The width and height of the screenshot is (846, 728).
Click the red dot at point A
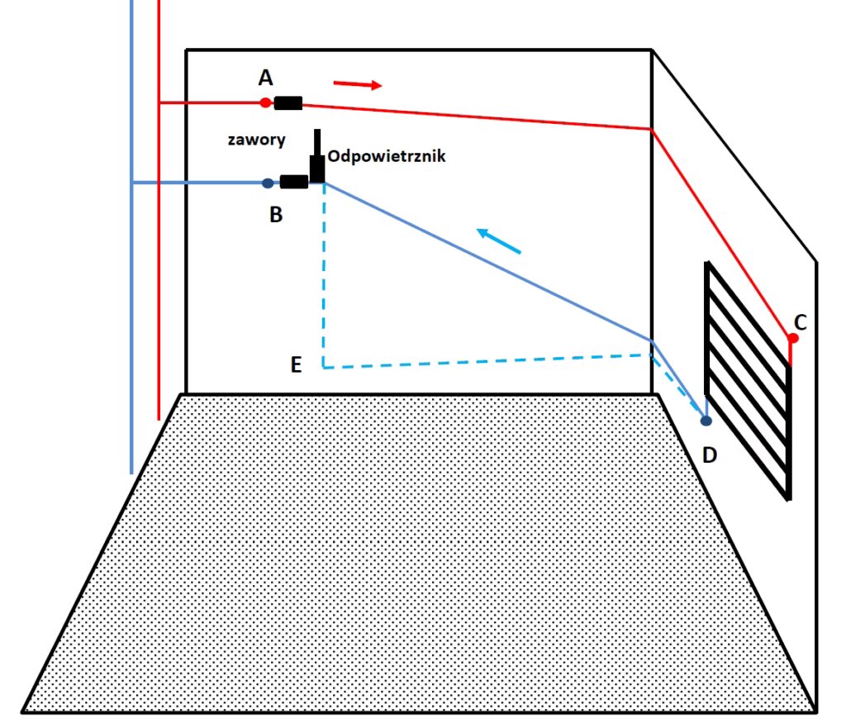coord(265,103)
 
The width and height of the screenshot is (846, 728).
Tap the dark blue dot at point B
coord(267,183)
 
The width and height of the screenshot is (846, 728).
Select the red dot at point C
coord(793,339)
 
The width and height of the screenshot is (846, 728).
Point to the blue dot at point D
coord(706,421)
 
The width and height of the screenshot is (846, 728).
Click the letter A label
coord(265,78)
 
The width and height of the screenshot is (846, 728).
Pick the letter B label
coord(276,215)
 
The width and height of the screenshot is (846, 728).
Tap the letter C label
coord(800,320)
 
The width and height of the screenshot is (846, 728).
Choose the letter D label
coord(709,454)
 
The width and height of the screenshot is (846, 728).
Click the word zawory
coord(256,140)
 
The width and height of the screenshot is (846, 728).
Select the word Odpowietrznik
coord(387,155)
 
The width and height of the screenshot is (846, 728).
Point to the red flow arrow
coord(358,84)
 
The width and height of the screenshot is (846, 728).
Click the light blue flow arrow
coord(500,241)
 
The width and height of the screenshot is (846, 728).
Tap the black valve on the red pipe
coord(288,103)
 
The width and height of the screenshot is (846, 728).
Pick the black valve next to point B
coord(294,183)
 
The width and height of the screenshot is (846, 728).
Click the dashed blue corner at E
coord(324,366)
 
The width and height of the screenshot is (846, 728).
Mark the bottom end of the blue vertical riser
coord(131,471)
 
